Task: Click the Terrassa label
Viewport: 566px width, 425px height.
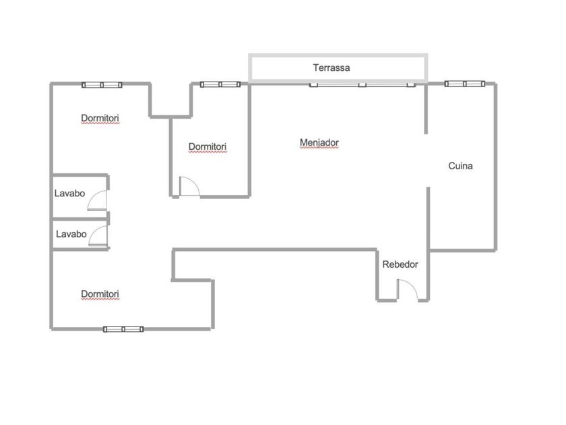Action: [332, 67]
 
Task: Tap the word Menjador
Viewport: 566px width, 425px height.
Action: [319, 143]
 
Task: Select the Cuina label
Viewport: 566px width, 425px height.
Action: [461, 165]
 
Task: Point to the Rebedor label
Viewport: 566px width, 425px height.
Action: [400, 264]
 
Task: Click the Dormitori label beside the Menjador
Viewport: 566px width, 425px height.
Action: [208, 146]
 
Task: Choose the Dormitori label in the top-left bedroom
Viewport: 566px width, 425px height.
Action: [100, 118]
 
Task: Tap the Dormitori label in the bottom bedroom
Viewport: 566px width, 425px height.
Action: [100, 294]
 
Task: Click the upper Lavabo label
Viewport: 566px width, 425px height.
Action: [70, 193]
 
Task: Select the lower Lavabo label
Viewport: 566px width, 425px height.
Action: [71, 234]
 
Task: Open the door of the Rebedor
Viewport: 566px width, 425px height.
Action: [408, 289]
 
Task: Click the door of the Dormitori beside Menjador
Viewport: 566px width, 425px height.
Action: [188, 186]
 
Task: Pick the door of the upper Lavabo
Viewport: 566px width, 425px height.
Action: [98, 200]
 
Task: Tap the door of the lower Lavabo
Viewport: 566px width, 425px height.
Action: [98, 237]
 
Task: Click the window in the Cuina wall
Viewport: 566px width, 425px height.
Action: [465, 84]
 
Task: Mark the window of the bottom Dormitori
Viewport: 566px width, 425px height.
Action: [123, 329]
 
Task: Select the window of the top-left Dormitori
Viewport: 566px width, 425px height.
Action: [102, 84]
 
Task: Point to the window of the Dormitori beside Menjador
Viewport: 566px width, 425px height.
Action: [220, 84]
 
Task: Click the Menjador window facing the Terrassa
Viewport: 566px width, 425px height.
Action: [363, 84]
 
